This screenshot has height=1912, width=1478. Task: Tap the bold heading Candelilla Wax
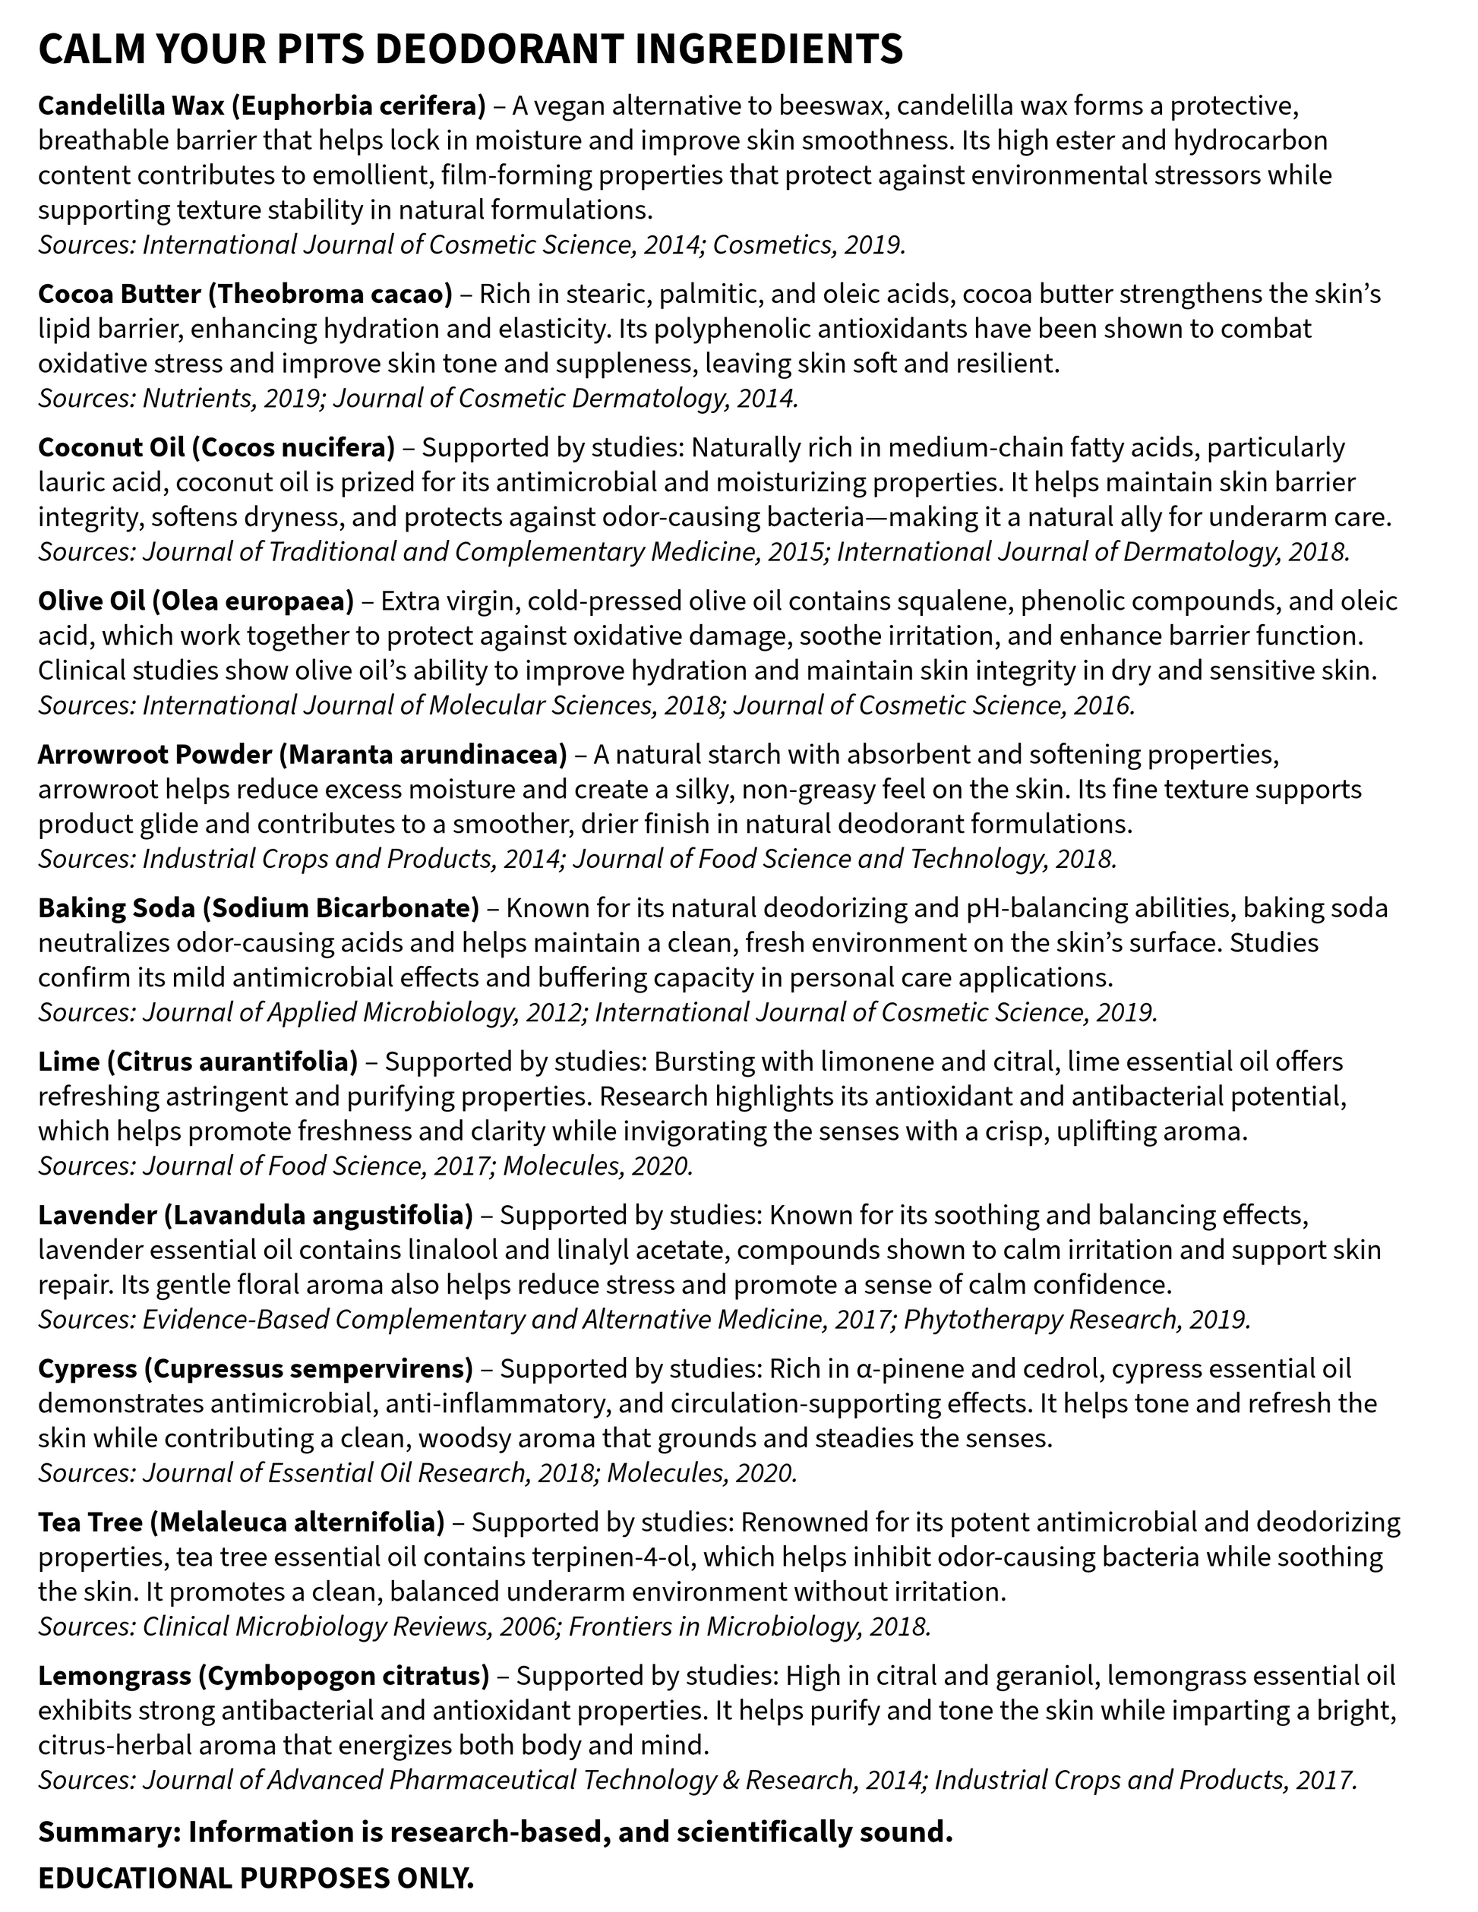[131, 106]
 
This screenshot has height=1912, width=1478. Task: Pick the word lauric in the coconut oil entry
[74, 482]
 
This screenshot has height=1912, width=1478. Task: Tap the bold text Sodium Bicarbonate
[340, 908]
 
